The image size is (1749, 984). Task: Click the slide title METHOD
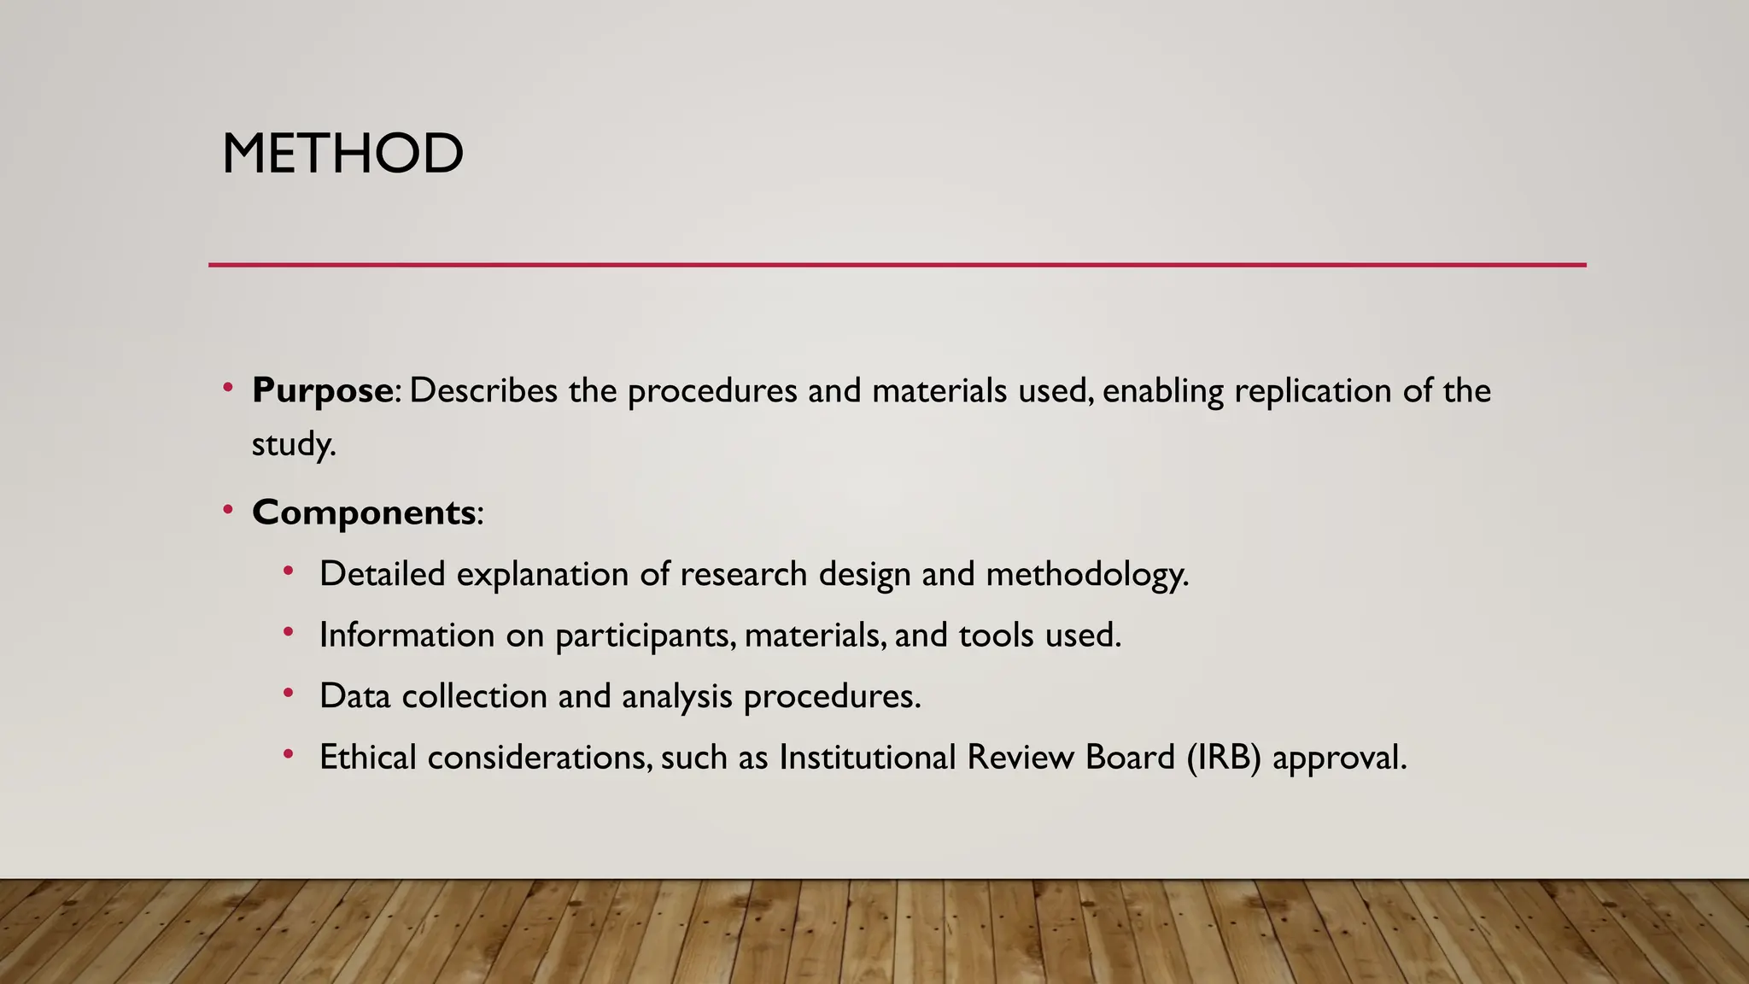click(x=342, y=155)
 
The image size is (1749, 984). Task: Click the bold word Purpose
click(x=322, y=391)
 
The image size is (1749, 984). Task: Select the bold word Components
click(x=364, y=512)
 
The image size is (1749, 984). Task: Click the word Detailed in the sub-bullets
click(x=382, y=574)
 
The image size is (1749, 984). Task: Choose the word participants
click(x=645, y=635)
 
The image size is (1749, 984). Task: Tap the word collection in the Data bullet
click(x=474, y=696)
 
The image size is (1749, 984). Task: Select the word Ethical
click(x=368, y=758)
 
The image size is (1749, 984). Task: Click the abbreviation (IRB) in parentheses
click(x=1223, y=758)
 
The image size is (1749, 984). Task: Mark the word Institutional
click(x=867, y=758)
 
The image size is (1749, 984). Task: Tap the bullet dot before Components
click(x=227, y=511)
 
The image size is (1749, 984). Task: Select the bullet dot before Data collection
click(x=289, y=694)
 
